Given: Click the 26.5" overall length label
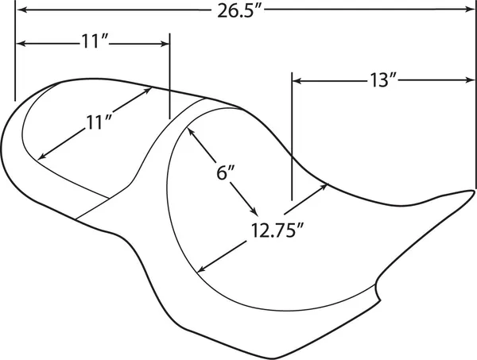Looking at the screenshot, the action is coord(239,11).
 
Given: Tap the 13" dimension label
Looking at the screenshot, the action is coord(382,80).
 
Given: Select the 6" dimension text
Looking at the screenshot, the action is coord(226,173).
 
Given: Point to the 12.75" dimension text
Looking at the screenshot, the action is coord(277,230).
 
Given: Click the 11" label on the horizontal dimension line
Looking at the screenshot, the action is coord(95,41).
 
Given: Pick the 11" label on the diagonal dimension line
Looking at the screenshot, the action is coord(98,122).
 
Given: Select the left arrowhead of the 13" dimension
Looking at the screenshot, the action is coord(297,81).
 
